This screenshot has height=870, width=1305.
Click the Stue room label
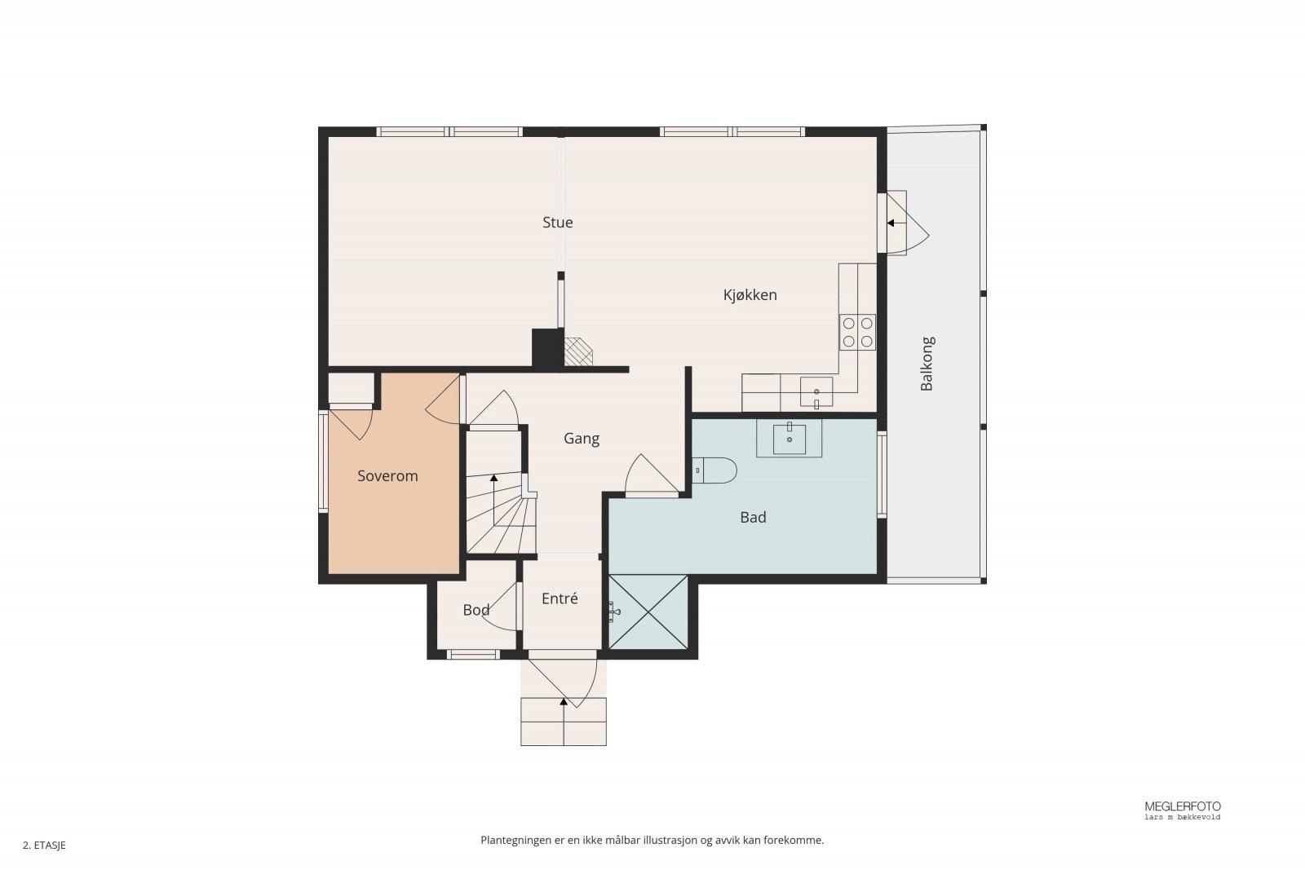[558, 223]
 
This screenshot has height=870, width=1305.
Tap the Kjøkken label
[750, 295]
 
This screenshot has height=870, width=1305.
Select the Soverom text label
[387, 475]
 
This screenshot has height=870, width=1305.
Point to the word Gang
[582, 439]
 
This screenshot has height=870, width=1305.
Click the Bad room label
[753, 517]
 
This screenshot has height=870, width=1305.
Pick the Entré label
[560, 598]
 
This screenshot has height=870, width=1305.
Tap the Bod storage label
[476, 610]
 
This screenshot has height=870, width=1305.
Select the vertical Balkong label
[927, 364]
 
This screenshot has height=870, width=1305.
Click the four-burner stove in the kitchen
[857, 332]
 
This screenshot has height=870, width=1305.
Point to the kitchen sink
[816, 392]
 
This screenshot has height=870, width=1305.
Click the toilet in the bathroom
[714, 470]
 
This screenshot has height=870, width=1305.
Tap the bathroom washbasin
[790, 439]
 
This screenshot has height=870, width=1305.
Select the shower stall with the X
[648, 612]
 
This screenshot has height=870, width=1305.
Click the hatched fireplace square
[578, 352]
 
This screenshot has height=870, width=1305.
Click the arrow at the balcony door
[896, 223]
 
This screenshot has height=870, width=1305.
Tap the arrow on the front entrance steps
[564, 722]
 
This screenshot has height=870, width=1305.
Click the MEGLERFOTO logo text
[1183, 806]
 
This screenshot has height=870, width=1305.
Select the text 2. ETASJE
[44, 846]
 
